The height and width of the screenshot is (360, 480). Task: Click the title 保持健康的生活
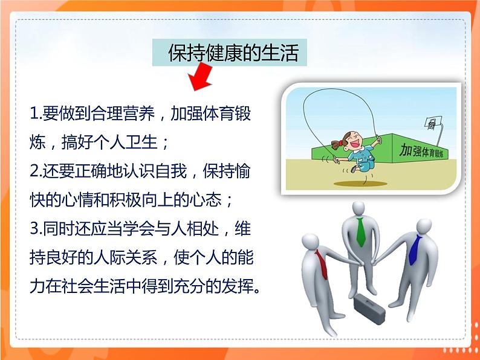[233, 54]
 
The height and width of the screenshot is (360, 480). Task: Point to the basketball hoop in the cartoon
[430, 124]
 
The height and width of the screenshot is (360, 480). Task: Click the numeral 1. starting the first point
[36, 113]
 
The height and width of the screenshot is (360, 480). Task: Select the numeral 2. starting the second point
[36, 171]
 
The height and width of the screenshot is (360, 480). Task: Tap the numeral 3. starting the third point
[36, 230]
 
